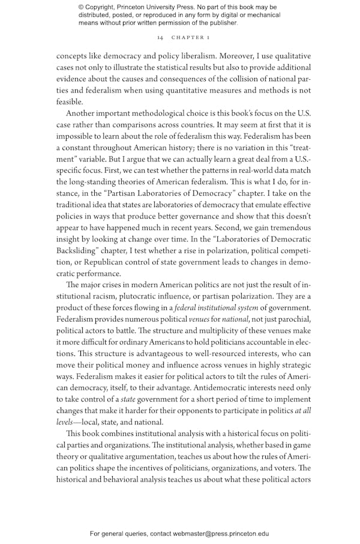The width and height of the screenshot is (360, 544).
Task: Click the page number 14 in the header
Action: tap(160, 37)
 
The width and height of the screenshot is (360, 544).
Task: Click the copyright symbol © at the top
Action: tap(81, 7)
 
